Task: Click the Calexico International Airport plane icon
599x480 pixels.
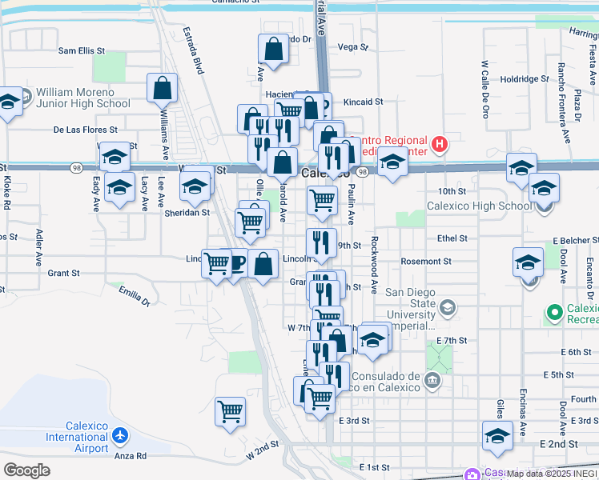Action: (120, 436)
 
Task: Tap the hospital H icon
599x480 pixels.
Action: (439, 145)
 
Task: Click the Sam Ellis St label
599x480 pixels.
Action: (82, 50)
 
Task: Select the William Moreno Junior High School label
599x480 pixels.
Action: (82, 98)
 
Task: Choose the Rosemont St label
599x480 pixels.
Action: (426, 262)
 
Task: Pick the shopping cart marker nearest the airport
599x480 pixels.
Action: (230, 411)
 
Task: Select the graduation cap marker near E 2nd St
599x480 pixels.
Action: (497, 436)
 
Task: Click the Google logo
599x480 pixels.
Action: (27, 470)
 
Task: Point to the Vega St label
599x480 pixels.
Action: (353, 47)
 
